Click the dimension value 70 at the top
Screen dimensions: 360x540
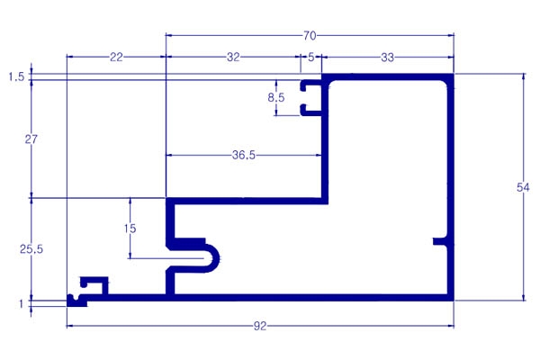[310, 36]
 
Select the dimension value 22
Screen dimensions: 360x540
[116, 57]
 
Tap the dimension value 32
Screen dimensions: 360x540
[233, 57]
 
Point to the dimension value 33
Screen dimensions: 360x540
[387, 57]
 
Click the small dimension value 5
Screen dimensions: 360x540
[311, 57]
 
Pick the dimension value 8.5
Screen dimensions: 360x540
[278, 97]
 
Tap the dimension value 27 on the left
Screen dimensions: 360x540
[31, 139]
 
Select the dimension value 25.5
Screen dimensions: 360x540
[31, 249]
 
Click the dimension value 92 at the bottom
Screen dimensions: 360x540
[260, 325]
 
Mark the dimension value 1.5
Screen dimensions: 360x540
[15, 77]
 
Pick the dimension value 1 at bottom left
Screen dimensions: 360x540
[21, 303]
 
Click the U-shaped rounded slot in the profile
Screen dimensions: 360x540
[202, 256]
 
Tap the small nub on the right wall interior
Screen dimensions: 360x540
[439, 241]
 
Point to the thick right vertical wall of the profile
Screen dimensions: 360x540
[451, 180]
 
